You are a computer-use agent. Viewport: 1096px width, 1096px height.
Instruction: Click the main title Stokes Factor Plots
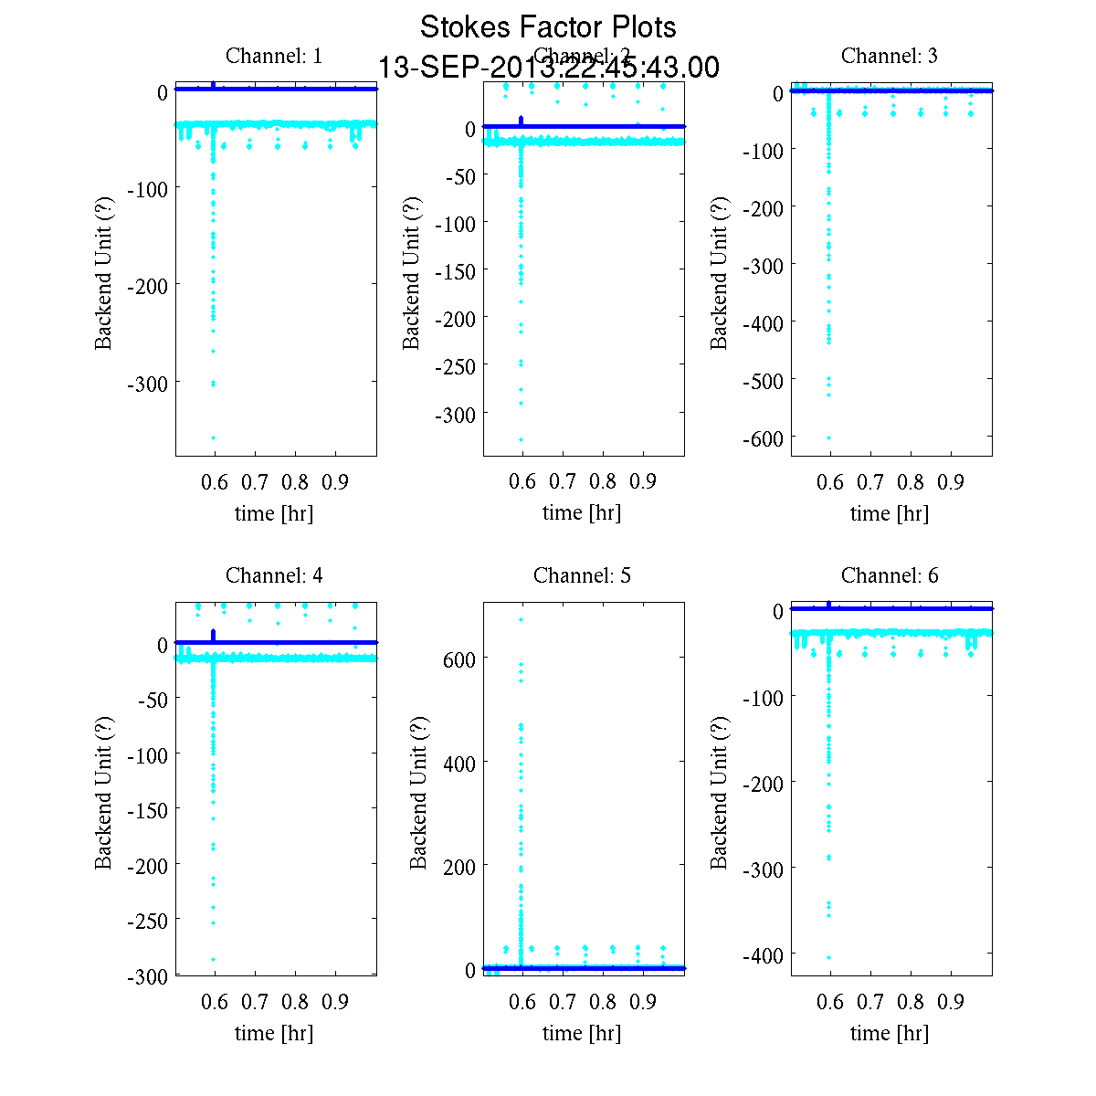(x=548, y=27)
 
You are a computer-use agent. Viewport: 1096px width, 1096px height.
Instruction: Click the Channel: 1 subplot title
(x=274, y=56)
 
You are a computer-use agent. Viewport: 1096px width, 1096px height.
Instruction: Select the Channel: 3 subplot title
(x=889, y=56)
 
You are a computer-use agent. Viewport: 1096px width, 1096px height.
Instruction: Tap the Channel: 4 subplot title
(x=274, y=575)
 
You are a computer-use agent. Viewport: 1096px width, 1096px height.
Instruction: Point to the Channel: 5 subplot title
(x=582, y=575)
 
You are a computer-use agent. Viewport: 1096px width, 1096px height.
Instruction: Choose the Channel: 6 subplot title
(x=889, y=575)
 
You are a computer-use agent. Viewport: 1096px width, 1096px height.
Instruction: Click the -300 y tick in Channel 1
(x=146, y=383)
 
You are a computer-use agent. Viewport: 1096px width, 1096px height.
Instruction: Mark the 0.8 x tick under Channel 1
(x=295, y=482)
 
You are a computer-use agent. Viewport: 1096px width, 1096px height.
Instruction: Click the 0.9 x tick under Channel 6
(x=951, y=1003)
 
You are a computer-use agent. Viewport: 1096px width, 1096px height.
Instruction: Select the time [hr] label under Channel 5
(x=582, y=1033)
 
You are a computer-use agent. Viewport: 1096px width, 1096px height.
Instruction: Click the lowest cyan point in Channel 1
(x=214, y=437)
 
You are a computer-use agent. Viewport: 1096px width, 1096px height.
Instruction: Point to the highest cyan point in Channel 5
(x=522, y=619)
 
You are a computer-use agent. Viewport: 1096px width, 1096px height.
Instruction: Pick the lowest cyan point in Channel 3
(x=829, y=437)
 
